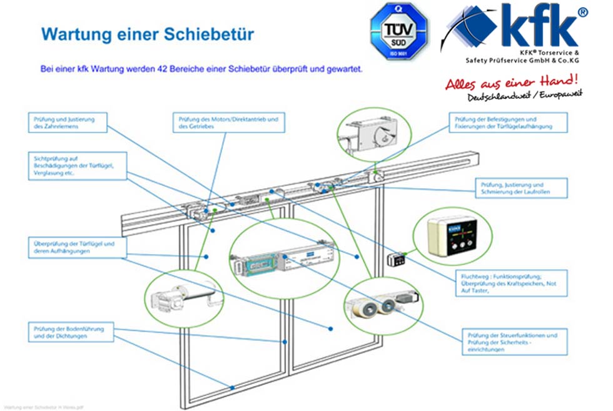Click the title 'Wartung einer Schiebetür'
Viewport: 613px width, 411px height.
(148, 34)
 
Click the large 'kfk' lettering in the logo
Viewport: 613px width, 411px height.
(543, 26)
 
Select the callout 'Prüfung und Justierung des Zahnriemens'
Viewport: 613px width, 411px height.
(68, 122)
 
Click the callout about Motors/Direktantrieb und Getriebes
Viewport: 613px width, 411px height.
(228, 122)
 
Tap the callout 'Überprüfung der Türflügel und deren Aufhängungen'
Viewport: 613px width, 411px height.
(71, 248)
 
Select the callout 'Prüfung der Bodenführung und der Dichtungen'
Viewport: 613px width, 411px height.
(71, 332)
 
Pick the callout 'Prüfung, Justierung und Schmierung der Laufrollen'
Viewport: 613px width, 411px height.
(521, 188)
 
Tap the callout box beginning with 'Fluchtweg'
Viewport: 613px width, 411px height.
(510, 283)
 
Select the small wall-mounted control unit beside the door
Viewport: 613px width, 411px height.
(396, 259)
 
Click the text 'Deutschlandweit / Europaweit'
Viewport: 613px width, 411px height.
(525, 96)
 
